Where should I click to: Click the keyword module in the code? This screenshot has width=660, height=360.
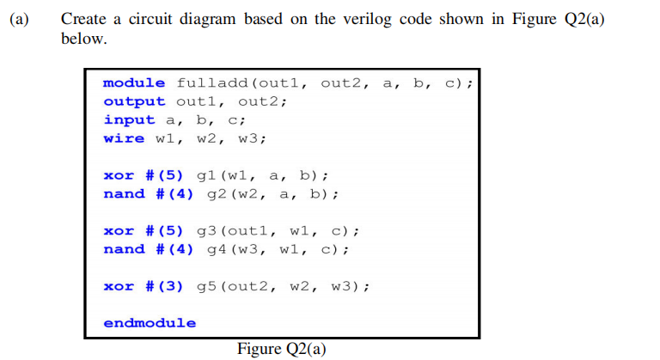pyautogui.click(x=134, y=82)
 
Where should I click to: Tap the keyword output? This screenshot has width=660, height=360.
pyautogui.click(x=134, y=101)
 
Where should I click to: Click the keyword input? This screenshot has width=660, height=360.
pyautogui.click(x=129, y=120)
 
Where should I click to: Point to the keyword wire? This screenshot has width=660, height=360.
pyautogui.click(x=124, y=138)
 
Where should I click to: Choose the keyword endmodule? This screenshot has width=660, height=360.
pyautogui.click(x=149, y=323)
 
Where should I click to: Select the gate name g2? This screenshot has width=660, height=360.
pyautogui.click(x=217, y=194)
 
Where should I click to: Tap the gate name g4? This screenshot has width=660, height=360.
pyautogui.click(x=217, y=250)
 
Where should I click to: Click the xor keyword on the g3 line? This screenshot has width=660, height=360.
pyautogui.click(x=119, y=231)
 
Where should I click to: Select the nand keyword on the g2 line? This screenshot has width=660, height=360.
pyautogui.click(x=124, y=194)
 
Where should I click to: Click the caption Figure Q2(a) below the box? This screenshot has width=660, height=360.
pyautogui.click(x=281, y=349)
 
